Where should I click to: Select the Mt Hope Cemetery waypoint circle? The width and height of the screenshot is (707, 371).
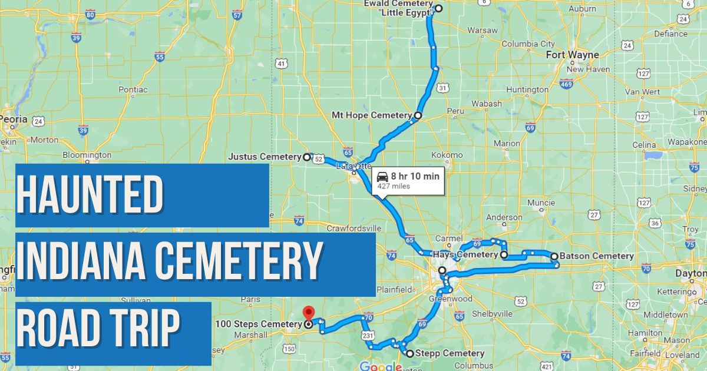click(418, 115)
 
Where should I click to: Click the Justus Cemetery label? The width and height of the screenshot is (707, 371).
click(265, 157)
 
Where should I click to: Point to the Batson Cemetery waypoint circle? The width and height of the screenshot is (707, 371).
click(554, 256)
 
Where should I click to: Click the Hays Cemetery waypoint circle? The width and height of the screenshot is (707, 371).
click(504, 255)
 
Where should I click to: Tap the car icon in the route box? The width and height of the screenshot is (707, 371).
click(382, 177)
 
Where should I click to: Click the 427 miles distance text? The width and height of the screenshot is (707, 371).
click(394, 187)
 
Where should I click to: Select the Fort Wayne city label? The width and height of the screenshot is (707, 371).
click(572, 55)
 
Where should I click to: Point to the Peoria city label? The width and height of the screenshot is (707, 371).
click(14, 119)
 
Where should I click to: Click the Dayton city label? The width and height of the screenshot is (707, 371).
click(691, 274)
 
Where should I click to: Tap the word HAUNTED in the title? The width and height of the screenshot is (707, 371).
click(89, 196)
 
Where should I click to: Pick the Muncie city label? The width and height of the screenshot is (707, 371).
click(541, 203)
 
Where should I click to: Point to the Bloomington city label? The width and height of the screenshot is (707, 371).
click(87, 155)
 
